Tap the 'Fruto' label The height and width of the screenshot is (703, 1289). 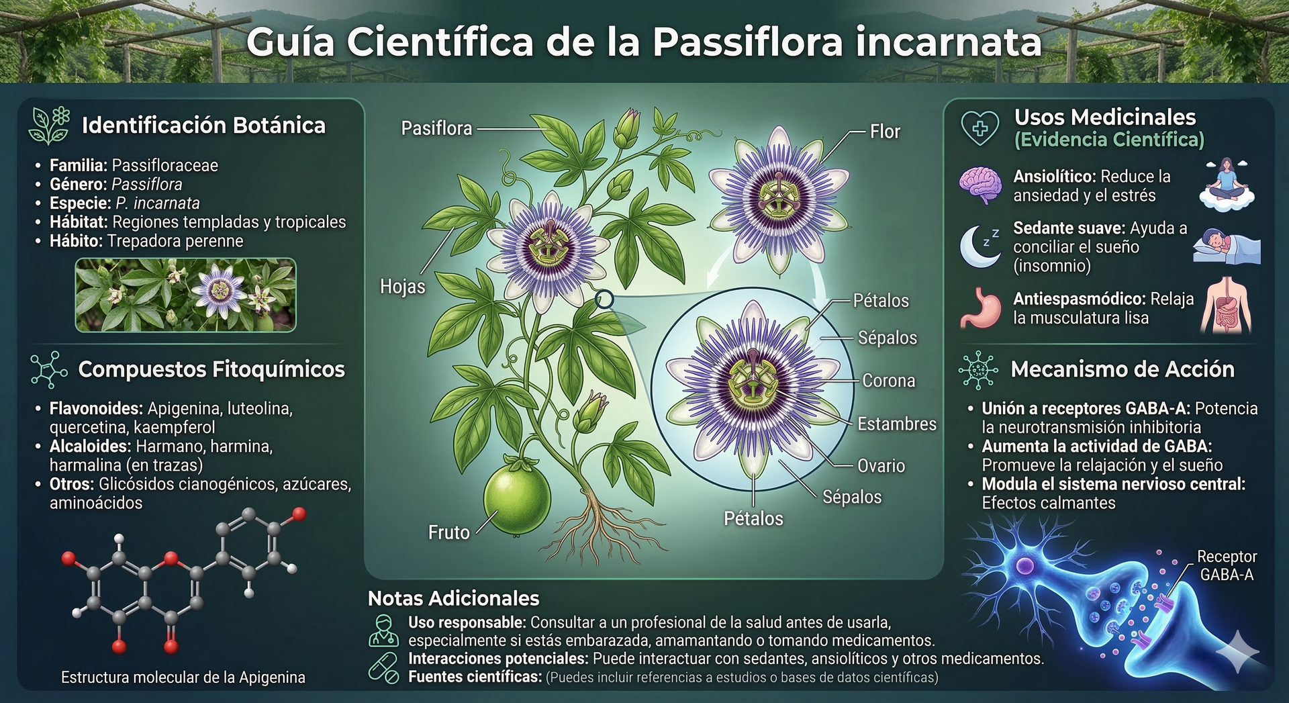click(449, 532)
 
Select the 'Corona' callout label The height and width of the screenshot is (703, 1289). click(889, 381)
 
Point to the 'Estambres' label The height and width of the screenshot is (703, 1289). click(897, 424)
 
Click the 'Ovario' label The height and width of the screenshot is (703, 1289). click(881, 465)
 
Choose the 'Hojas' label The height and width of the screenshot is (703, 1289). click(403, 287)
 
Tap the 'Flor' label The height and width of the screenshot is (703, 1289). click(885, 132)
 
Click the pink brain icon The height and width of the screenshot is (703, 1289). click(981, 185)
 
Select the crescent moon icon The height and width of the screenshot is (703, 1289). click(977, 246)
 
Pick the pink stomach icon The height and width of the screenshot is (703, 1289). click(981, 308)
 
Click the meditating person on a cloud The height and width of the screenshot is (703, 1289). click(1227, 185)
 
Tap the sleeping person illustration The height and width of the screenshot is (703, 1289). click(1227, 246)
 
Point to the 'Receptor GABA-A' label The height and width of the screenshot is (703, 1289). click(1227, 565)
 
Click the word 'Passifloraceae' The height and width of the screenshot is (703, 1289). click(165, 165)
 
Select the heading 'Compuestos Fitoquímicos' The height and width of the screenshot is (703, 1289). click(211, 369)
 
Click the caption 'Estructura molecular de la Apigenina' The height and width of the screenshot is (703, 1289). click(183, 677)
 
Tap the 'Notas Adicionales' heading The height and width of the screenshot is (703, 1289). click(454, 598)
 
